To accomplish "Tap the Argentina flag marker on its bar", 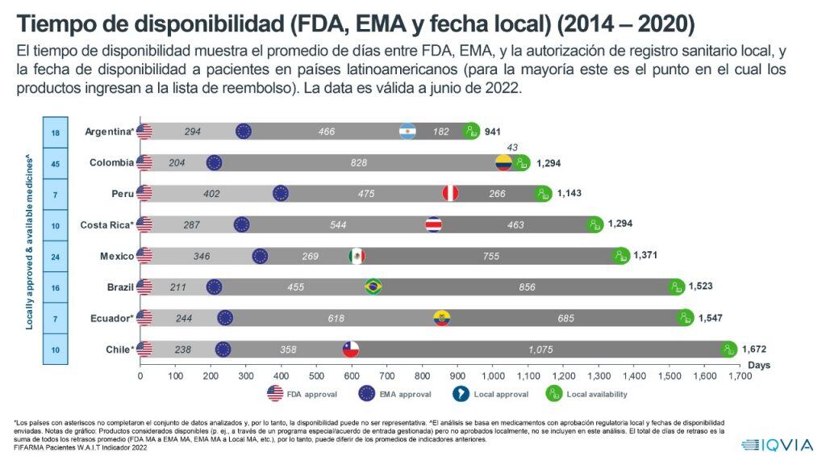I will (x=408, y=132).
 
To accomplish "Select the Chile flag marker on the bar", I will (x=351, y=350).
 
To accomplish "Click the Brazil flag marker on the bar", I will (x=373, y=287).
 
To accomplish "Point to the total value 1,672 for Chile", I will (x=756, y=350).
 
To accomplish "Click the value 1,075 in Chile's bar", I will (x=541, y=350).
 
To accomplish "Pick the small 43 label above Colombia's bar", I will (x=511, y=147).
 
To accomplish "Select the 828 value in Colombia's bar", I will (x=359, y=163).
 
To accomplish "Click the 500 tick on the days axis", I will (x=317, y=376).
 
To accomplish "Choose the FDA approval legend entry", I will (x=302, y=394).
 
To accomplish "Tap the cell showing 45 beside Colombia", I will (x=56, y=163).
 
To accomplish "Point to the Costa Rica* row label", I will (x=106, y=224).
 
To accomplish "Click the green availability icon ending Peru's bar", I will (x=544, y=194).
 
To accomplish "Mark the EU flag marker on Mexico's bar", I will (x=260, y=256).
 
